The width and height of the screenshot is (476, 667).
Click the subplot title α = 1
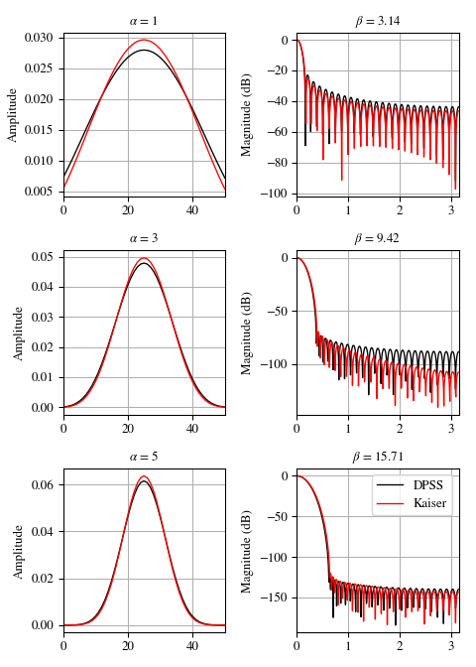[145, 21]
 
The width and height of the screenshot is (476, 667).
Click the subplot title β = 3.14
[378, 21]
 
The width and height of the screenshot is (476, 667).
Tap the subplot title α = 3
[145, 239]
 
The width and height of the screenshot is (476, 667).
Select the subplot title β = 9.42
[378, 239]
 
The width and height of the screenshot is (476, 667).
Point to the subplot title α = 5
[145, 458]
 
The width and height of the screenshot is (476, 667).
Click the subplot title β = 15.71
[378, 458]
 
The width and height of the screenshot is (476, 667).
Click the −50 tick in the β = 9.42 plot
[277, 312]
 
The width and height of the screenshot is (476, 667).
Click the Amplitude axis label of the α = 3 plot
[18, 333]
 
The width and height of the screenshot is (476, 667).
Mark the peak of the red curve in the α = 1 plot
[145, 41]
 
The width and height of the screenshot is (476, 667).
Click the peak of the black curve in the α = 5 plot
[145, 481]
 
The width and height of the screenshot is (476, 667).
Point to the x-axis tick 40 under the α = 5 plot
[192, 646]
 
